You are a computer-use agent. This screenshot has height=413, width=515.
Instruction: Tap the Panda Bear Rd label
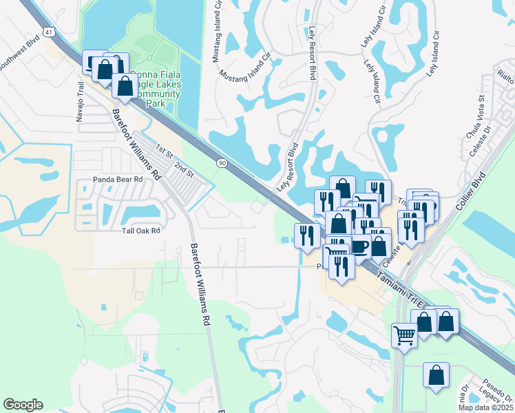click(118, 179)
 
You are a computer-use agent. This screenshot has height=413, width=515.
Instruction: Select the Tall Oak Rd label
click(140, 231)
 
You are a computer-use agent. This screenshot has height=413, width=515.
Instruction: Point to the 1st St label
click(162, 149)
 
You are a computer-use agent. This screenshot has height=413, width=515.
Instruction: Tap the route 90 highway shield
click(221, 162)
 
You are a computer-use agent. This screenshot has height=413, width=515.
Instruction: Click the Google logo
click(23, 405)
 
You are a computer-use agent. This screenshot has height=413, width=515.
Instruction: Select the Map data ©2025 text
click(485, 407)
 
